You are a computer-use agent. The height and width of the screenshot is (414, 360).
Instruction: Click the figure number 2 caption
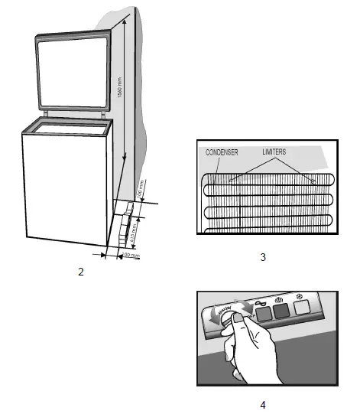pos(80,271)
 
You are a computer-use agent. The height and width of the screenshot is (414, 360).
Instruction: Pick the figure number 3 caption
pos(263,257)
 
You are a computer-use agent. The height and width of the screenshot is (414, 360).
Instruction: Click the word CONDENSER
pos(222,153)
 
